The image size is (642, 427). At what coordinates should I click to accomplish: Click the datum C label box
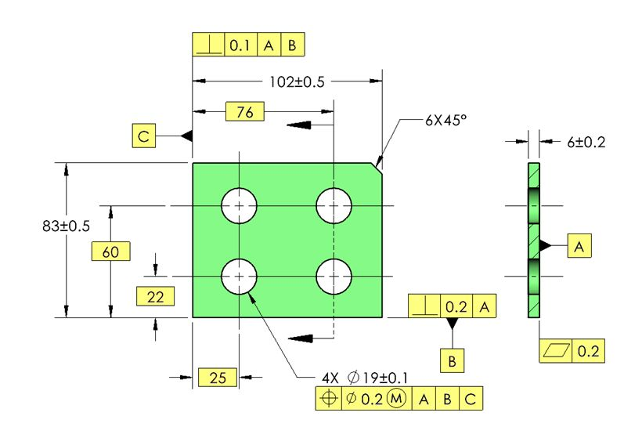144,136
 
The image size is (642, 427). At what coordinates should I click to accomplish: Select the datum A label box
579,246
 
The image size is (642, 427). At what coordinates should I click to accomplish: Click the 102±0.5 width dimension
287,80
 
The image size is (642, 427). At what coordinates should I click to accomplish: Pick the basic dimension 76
244,112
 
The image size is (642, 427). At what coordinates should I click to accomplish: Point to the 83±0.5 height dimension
67,226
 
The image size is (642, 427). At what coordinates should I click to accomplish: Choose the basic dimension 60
110,251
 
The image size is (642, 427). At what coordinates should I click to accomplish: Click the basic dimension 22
154,296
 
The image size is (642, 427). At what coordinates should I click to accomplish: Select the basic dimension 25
217,378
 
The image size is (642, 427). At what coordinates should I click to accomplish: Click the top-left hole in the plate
239,206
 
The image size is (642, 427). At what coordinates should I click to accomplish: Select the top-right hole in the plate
334,206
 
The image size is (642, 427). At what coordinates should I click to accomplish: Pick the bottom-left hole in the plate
239,277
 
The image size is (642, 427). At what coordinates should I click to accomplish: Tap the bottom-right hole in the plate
334,277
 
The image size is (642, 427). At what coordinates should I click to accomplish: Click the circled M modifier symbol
397,399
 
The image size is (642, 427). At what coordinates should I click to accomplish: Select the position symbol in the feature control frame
328,399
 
